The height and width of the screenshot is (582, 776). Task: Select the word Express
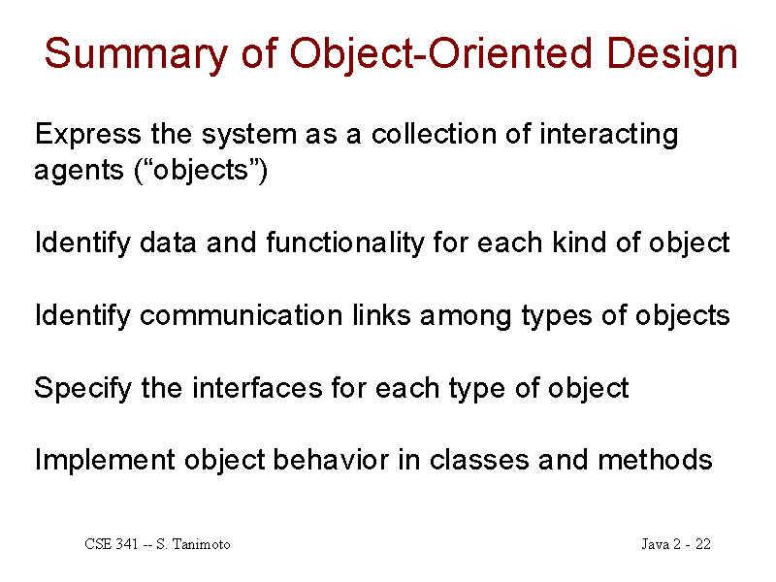pyautogui.click(x=88, y=135)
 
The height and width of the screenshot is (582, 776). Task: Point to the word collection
pyautogui.click(x=434, y=134)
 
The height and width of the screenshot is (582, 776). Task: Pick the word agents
pyautogui.click(x=79, y=172)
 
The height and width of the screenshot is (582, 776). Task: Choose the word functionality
pyautogui.click(x=345, y=243)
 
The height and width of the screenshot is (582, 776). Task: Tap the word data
pyautogui.click(x=168, y=243)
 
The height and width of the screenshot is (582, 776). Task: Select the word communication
pyautogui.click(x=241, y=315)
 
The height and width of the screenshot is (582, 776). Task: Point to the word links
pyautogui.click(x=381, y=315)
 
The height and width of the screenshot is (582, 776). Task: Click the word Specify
pyautogui.click(x=83, y=389)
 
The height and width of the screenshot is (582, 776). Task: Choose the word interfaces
pyautogui.click(x=257, y=387)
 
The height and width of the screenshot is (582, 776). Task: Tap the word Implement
pyautogui.click(x=105, y=461)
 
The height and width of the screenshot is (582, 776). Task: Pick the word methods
pyautogui.click(x=655, y=460)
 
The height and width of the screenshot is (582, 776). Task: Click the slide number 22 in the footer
pyautogui.click(x=702, y=544)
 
